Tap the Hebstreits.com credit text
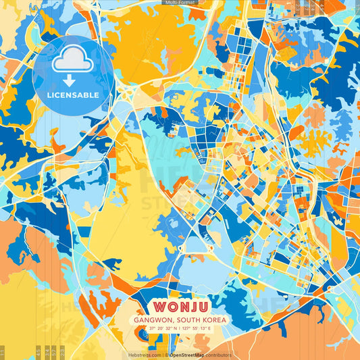tap(144, 355)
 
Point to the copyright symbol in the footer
tap(165, 355)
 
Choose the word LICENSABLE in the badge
tap(72, 94)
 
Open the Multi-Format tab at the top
tap(180, 3)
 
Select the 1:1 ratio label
tap(3, 352)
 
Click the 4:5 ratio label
tap(38, 351)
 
